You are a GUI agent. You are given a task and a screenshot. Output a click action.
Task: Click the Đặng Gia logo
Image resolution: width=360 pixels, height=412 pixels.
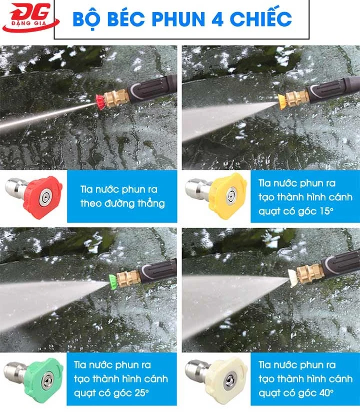point(30,17)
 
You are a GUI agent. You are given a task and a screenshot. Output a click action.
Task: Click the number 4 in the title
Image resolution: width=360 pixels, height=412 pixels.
point(217,19)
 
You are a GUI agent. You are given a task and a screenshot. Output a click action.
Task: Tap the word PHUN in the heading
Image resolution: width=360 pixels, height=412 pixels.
point(178,19)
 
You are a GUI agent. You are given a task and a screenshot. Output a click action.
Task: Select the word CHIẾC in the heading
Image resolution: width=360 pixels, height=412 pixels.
point(260,18)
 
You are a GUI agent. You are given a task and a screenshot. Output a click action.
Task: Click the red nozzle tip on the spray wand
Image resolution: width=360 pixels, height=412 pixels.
point(100,102)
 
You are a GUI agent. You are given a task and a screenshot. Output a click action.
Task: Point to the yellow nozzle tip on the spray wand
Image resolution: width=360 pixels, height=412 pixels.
point(281,101)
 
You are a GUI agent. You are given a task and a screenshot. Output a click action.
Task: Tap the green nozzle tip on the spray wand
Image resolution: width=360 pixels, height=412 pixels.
point(113,281)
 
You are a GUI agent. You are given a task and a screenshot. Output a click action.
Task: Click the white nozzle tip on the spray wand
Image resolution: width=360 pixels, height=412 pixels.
point(292,278)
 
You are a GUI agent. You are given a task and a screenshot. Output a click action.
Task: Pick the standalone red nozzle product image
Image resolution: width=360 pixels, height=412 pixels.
point(34,196)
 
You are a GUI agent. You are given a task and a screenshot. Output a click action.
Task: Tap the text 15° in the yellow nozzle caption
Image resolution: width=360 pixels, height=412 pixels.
point(326,211)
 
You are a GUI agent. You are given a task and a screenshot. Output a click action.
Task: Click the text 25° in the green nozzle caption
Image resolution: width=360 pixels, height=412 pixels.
point(142,393)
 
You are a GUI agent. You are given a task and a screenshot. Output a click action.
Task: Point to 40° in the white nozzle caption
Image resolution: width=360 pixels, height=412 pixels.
point(326,393)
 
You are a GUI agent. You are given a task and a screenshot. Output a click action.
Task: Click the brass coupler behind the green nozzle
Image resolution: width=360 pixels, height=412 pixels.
point(128,278)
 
